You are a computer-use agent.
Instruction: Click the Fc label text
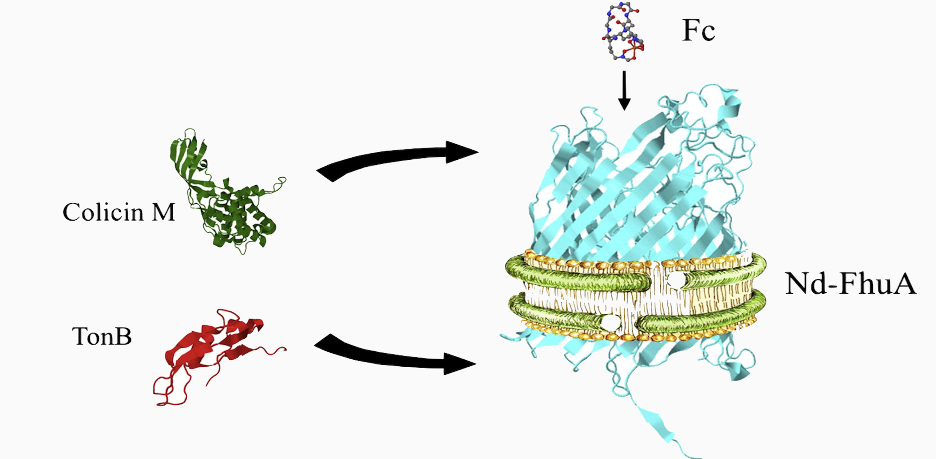pyautogui.click(x=698, y=31)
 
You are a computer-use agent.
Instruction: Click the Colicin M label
pyautogui.click(x=118, y=213)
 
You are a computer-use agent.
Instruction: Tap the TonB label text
pyautogui.click(x=102, y=336)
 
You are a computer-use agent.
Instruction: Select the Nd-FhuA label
pyautogui.click(x=850, y=284)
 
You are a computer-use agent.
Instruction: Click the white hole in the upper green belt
pyautogui.click(x=676, y=281)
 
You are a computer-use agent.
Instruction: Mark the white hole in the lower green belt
pyautogui.click(x=611, y=322)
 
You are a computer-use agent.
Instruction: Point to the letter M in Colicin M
pyautogui.click(x=163, y=213)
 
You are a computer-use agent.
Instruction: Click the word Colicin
pyautogui.click(x=103, y=213)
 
